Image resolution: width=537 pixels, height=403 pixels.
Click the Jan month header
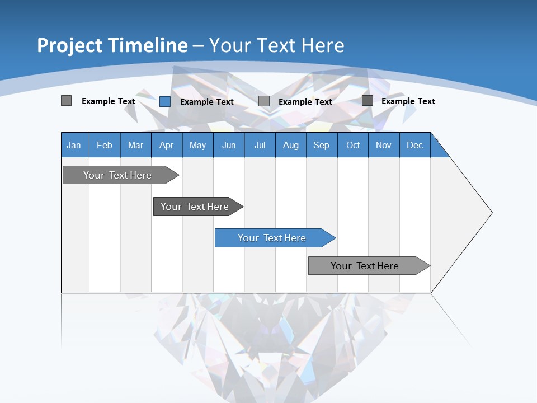tap(74, 145)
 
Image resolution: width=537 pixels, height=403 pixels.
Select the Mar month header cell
tap(135, 145)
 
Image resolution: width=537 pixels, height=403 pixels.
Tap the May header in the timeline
tap(197, 145)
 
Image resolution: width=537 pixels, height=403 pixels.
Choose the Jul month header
tap(260, 145)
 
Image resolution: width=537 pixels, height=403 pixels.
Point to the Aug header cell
tap(290, 145)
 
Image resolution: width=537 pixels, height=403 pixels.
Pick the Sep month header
tap(321, 145)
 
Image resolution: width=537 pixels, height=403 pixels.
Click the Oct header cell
tap(352, 145)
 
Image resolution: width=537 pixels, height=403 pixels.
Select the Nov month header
tap(383, 145)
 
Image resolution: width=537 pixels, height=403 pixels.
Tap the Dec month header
tap(414, 145)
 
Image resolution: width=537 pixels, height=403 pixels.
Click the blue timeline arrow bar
tap(274, 238)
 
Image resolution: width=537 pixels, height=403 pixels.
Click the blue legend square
tap(165, 101)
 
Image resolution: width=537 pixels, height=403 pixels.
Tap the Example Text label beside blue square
tap(206, 101)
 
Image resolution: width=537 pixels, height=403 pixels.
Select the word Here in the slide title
tap(323, 45)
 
